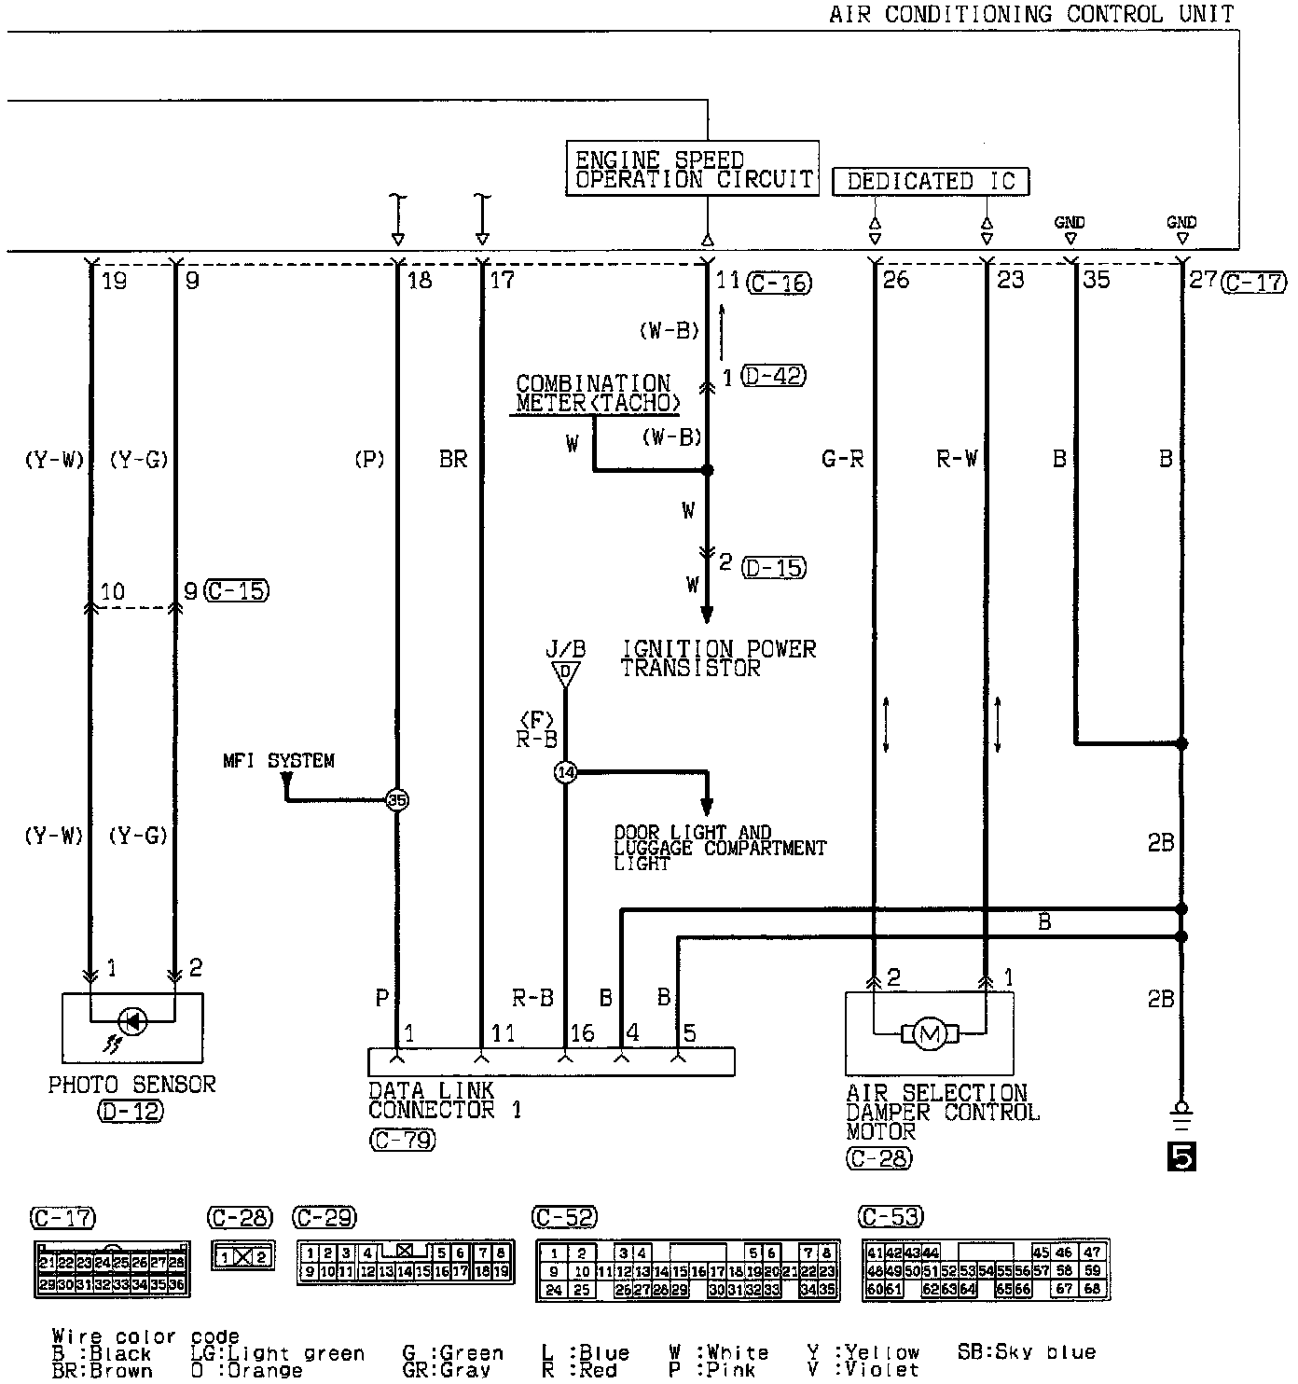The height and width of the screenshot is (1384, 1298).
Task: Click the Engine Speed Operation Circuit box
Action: click(692, 169)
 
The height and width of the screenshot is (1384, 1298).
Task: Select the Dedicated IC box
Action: click(930, 181)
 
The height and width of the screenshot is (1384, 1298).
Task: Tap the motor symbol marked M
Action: click(928, 1032)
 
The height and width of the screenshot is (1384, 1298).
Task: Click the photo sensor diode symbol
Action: click(132, 1021)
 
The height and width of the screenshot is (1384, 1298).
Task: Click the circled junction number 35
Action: click(398, 800)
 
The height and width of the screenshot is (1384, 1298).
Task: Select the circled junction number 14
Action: click(565, 772)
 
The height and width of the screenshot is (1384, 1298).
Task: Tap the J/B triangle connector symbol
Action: click(565, 673)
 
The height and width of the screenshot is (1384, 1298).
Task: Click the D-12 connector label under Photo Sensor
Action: click(131, 1111)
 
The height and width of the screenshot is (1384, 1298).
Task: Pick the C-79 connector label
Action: click(402, 1139)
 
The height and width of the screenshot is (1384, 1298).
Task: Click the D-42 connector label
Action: click(773, 376)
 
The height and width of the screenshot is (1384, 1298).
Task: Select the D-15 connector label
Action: click(774, 567)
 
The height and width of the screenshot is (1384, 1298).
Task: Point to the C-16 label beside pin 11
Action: click(780, 282)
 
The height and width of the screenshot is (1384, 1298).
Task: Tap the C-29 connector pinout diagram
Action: click(406, 1261)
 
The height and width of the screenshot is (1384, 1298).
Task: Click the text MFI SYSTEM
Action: click(278, 761)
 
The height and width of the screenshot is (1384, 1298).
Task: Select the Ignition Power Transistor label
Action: click(718, 658)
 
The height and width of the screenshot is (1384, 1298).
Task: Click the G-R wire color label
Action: click(843, 459)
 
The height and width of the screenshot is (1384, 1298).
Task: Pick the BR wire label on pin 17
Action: click(453, 459)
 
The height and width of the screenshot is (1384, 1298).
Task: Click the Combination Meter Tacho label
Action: click(595, 394)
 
